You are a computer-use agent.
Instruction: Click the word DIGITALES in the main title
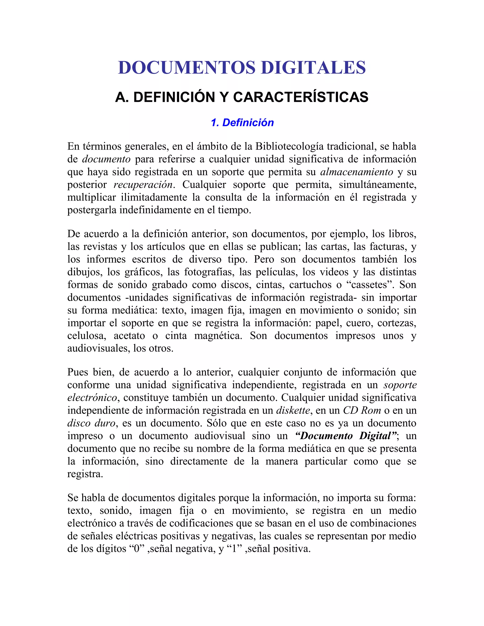tap(313, 68)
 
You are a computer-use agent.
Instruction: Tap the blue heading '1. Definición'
tap(242, 122)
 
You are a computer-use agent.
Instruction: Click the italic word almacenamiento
tap(356, 172)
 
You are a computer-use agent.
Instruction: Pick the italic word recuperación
tap(143, 184)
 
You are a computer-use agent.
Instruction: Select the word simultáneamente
tap(377, 184)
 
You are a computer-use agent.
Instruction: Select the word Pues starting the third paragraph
tap(78, 372)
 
